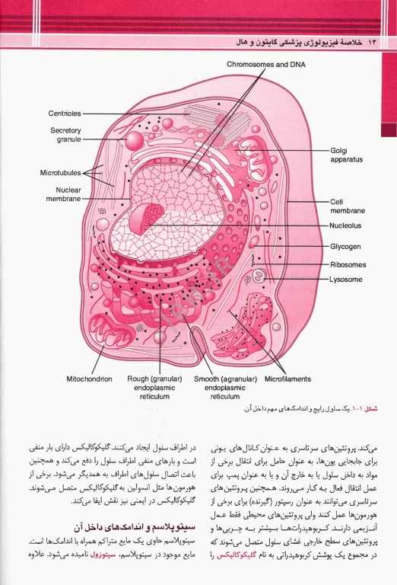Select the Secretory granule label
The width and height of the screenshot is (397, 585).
[x=66, y=135]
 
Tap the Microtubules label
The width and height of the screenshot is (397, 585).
[x=61, y=173]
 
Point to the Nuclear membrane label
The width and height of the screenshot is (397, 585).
[x=64, y=194]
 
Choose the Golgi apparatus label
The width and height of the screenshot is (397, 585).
[x=347, y=155]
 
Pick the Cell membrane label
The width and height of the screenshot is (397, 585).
[x=347, y=206]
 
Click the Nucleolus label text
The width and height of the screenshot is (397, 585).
[x=346, y=225]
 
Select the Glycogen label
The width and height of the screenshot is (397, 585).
[x=345, y=246]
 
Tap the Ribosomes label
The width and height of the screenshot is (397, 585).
[x=348, y=264]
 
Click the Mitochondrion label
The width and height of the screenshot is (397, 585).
[x=89, y=379]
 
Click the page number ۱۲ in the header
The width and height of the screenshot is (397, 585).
[x=372, y=39]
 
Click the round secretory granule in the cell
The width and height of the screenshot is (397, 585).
[x=135, y=140]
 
